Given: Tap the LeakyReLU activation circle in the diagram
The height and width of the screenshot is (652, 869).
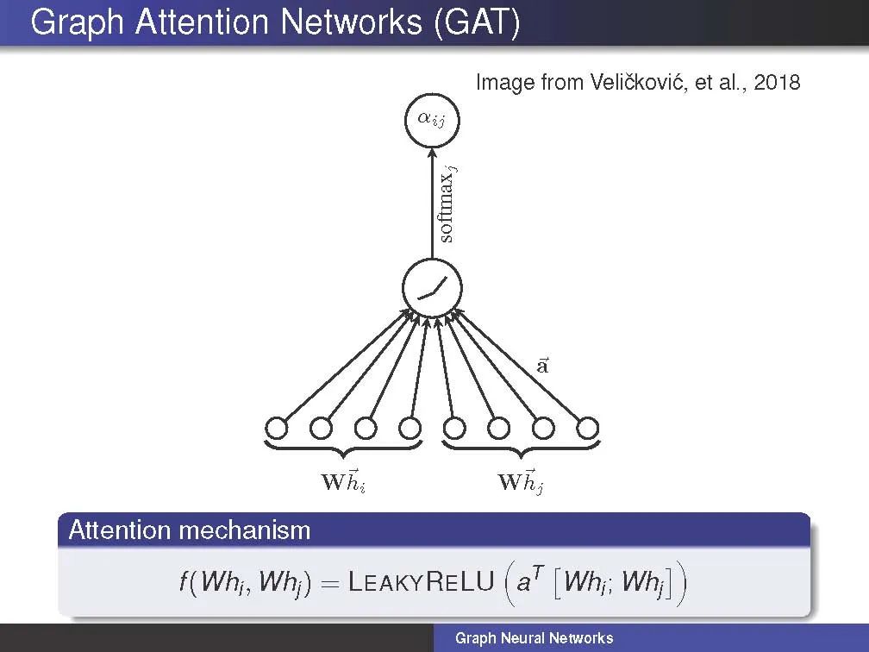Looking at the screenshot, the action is (x=432, y=288).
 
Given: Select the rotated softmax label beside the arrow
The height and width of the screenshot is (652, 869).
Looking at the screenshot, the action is (x=447, y=204).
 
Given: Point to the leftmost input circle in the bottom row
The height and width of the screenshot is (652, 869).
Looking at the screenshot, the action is (x=276, y=427).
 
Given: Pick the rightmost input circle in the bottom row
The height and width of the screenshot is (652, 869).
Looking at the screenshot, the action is (x=587, y=427).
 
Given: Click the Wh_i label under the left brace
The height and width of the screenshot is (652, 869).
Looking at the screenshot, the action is (x=343, y=481).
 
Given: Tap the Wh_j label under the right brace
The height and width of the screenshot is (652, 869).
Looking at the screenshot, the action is (x=521, y=481).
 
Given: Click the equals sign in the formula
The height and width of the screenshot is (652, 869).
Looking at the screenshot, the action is (x=331, y=583).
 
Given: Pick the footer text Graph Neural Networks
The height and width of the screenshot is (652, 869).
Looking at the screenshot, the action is (x=534, y=638).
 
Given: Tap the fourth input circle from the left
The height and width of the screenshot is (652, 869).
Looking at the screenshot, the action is (x=409, y=427).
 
